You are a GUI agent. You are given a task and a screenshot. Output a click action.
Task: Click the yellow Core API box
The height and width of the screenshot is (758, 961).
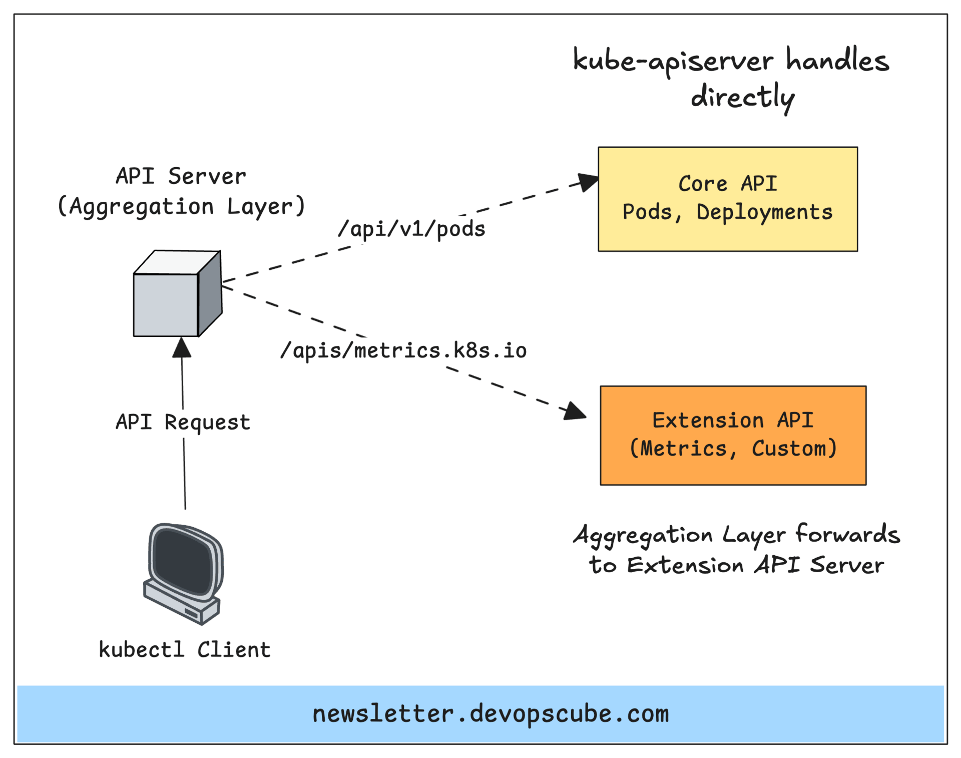(727, 199)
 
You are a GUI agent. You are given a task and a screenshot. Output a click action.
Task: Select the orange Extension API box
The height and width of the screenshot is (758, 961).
(733, 435)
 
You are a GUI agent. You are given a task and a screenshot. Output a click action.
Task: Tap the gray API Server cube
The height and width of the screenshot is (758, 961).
(177, 293)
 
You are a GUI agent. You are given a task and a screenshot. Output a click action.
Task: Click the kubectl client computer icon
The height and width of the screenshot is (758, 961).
(184, 573)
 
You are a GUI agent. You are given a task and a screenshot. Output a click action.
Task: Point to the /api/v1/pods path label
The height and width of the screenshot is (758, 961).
(411, 229)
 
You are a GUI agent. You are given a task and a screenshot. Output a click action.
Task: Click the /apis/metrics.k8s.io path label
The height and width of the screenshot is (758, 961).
(403, 350)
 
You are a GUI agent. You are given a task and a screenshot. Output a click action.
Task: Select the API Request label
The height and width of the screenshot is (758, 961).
(183, 422)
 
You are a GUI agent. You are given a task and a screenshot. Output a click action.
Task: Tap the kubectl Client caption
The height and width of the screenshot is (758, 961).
(184, 649)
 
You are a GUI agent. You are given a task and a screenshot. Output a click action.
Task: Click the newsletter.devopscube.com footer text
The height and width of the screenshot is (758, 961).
(491, 713)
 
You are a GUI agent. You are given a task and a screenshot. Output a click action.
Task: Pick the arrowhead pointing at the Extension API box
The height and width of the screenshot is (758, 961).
(575, 412)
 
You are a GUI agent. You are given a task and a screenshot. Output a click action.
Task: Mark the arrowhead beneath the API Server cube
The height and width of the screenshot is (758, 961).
(182, 347)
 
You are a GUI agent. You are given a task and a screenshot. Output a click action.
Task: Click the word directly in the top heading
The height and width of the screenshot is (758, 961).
(743, 97)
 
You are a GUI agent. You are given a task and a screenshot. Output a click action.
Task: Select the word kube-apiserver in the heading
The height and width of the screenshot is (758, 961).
(673, 62)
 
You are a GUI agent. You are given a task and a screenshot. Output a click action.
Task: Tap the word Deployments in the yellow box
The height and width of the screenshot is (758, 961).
(764, 212)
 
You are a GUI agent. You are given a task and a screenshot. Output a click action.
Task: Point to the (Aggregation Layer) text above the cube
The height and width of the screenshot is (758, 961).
(181, 206)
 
